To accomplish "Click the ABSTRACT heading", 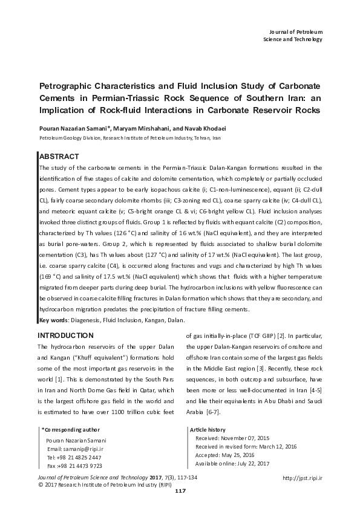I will click(58, 156).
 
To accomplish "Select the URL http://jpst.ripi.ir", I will click(303, 478).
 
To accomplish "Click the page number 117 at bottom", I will click(179, 491).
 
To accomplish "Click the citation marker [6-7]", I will click(213, 412).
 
